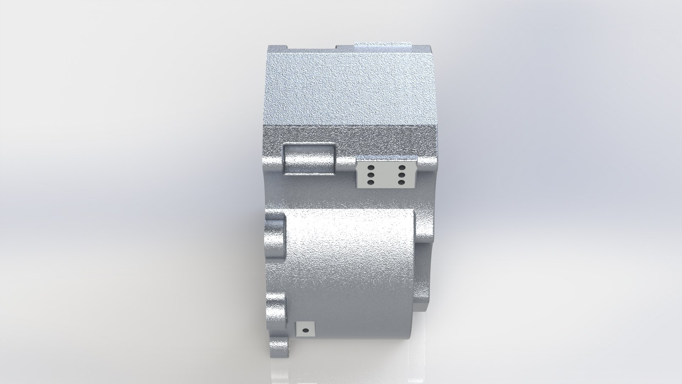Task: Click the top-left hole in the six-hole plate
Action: pos(370,167)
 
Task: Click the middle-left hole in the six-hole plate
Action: pos(370,175)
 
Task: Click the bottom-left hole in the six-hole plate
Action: pos(370,182)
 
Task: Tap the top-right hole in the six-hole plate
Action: pos(402,167)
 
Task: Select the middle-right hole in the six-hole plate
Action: pos(402,175)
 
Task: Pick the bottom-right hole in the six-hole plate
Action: pos(402,182)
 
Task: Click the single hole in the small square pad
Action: pos(304,330)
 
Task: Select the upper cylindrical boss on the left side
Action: pos(275,236)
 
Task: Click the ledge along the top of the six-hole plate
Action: pos(386,158)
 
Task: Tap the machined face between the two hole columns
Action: pos(386,175)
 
